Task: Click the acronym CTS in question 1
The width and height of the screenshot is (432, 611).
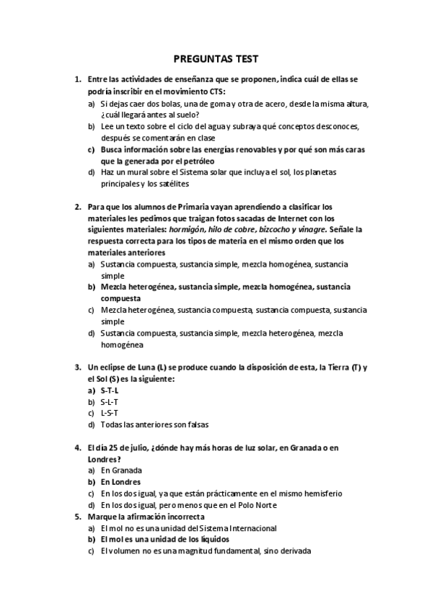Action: (x=216, y=92)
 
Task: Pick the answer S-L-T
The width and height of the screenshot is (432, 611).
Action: (x=110, y=401)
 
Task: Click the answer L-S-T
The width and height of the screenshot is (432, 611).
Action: (x=110, y=413)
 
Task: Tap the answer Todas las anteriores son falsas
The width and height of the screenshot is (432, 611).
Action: (x=154, y=424)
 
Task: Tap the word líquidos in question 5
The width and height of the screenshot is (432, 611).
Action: (x=210, y=540)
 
